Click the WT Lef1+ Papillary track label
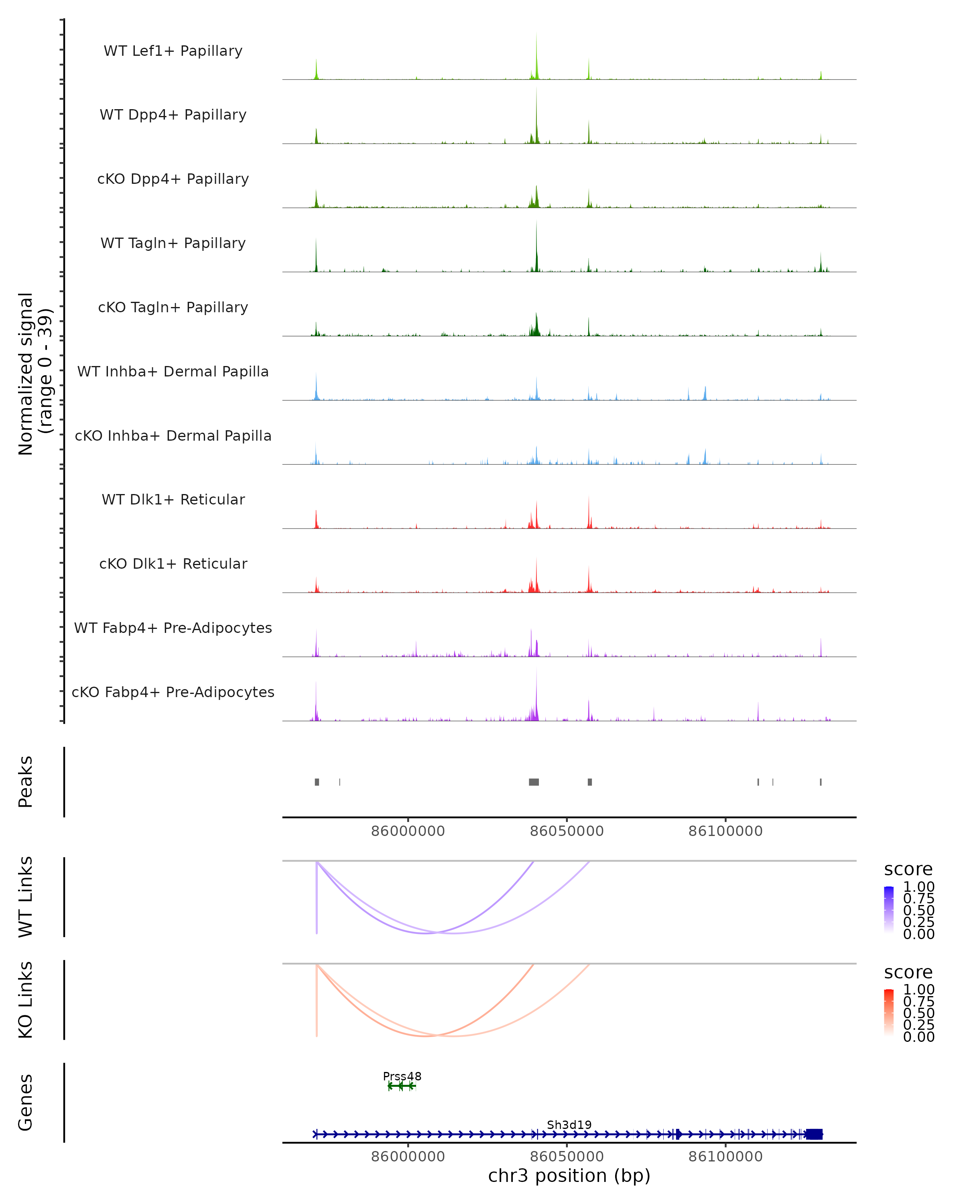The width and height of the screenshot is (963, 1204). point(173,51)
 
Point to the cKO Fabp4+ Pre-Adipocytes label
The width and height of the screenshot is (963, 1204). point(173,692)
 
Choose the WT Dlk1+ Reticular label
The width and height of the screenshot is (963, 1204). point(173,499)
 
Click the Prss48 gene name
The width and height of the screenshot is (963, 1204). point(402,1076)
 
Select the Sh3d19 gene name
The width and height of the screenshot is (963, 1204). point(569,1125)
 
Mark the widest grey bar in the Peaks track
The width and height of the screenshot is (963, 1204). point(534,782)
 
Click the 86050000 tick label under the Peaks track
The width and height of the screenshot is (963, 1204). point(567,831)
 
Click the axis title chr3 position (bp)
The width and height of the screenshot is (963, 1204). point(569,1176)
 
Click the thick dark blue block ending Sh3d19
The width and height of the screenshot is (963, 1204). point(814,1134)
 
